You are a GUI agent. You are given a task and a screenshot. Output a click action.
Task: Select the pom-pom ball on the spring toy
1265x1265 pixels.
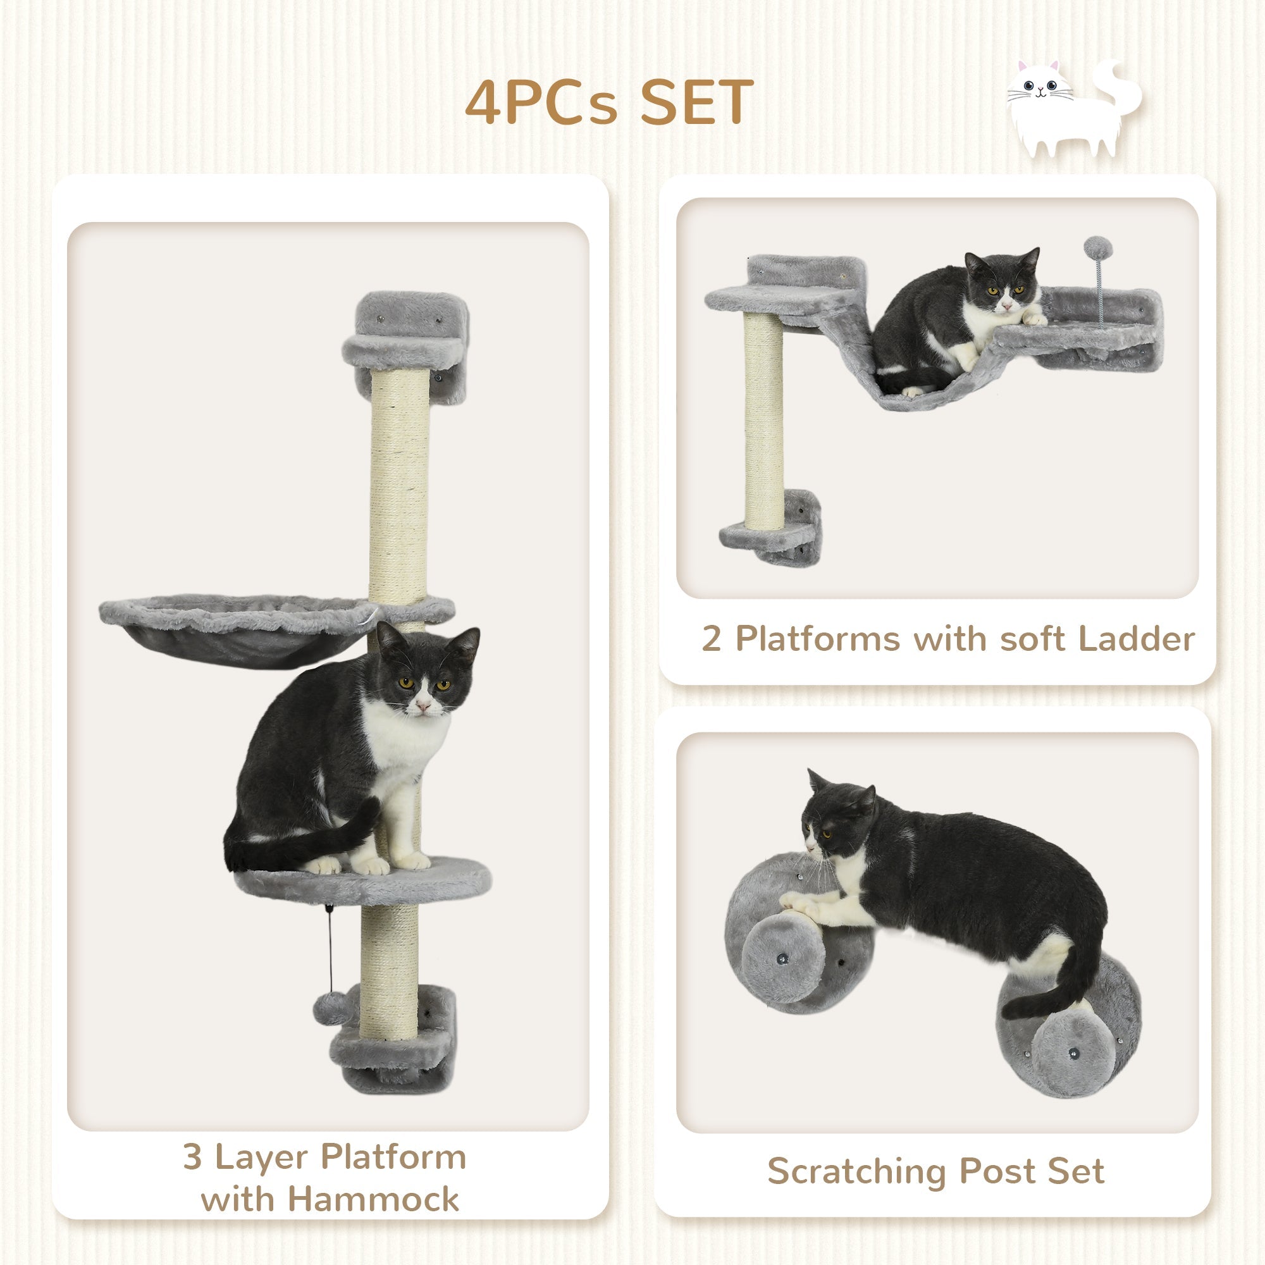coord(1098,248)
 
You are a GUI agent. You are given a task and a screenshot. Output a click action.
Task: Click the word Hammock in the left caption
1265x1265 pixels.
coord(373,1198)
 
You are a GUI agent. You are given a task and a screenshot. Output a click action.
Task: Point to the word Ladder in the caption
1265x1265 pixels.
coord(1136,638)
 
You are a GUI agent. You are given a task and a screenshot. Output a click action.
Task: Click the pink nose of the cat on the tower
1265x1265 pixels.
coord(423,707)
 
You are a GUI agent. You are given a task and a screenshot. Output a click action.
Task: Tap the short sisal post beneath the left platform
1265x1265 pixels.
coord(763,419)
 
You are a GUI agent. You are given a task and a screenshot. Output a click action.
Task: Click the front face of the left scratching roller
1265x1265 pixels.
coord(784,960)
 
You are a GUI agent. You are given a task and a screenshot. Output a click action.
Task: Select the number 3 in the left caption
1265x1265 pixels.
coord(192,1157)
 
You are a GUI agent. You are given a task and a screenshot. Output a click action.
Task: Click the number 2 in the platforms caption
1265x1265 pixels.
coord(711,638)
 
